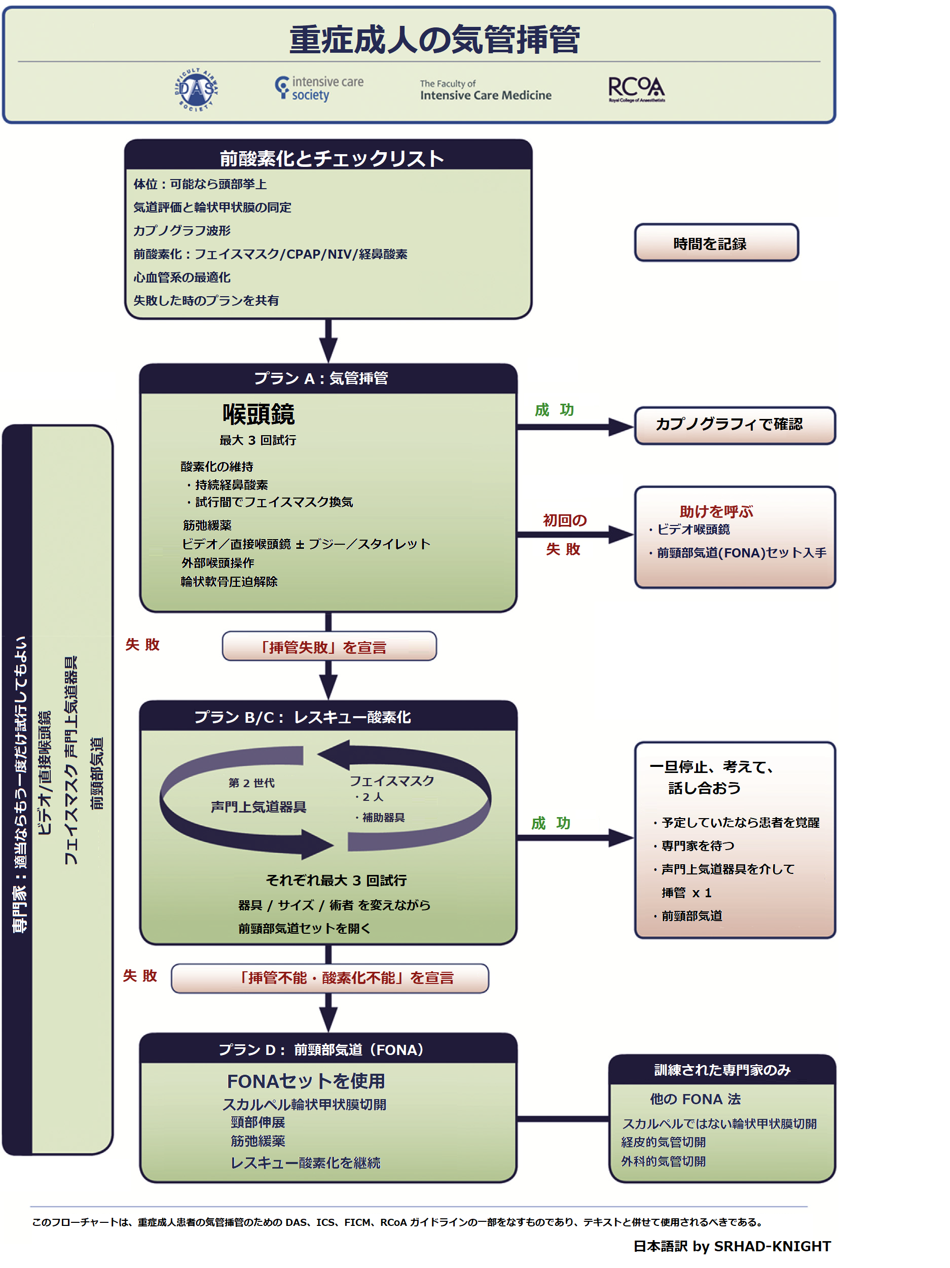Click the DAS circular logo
pyautogui.click(x=197, y=89)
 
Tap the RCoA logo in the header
pyautogui.click(x=636, y=89)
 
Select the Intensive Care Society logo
pyautogui.click(x=319, y=89)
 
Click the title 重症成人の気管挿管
pyautogui.click(x=434, y=40)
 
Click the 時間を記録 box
pyautogui.click(x=716, y=243)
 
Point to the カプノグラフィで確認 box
pyautogui.click(x=734, y=425)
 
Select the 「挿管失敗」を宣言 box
pyautogui.click(x=329, y=647)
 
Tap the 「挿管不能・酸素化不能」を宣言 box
pyautogui.click(x=330, y=978)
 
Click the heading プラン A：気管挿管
pyautogui.click(x=321, y=379)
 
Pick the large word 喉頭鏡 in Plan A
pyautogui.click(x=259, y=414)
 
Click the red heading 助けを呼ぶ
pyautogui.click(x=716, y=511)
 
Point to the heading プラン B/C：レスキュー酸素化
pyautogui.click(x=303, y=717)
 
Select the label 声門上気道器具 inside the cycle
pyautogui.click(x=259, y=806)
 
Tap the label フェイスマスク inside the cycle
pyautogui.click(x=392, y=781)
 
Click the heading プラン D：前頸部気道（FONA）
pyautogui.click(x=321, y=1049)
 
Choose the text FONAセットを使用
pyautogui.click(x=306, y=1081)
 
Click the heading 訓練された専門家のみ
pyautogui.click(x=722, y=1070)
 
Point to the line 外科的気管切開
pyautogui.click(x=663, y=1161)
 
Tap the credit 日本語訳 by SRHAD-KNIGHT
pyautogui.click(x=732, y=1246)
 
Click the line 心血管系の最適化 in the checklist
pyautogui.click(x=181, y=277)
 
